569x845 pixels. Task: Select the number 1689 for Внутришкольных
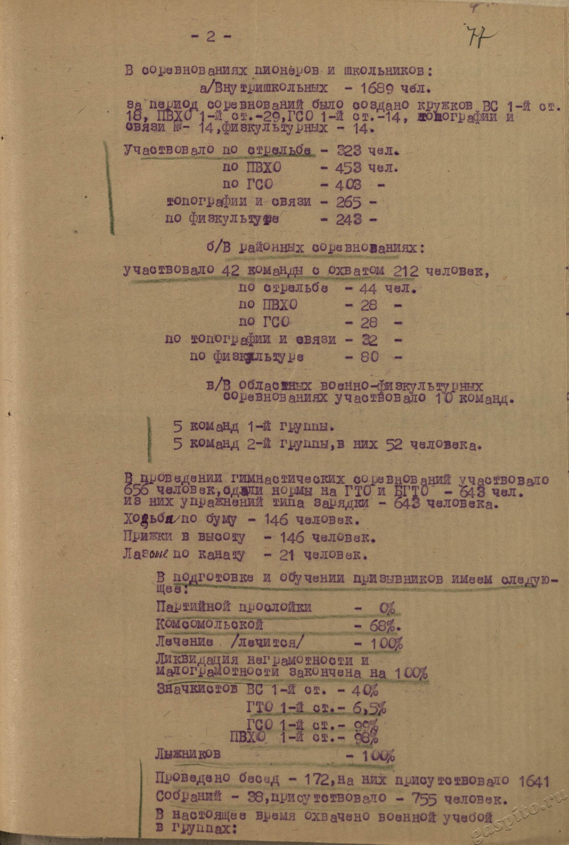[x=375, y=88]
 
